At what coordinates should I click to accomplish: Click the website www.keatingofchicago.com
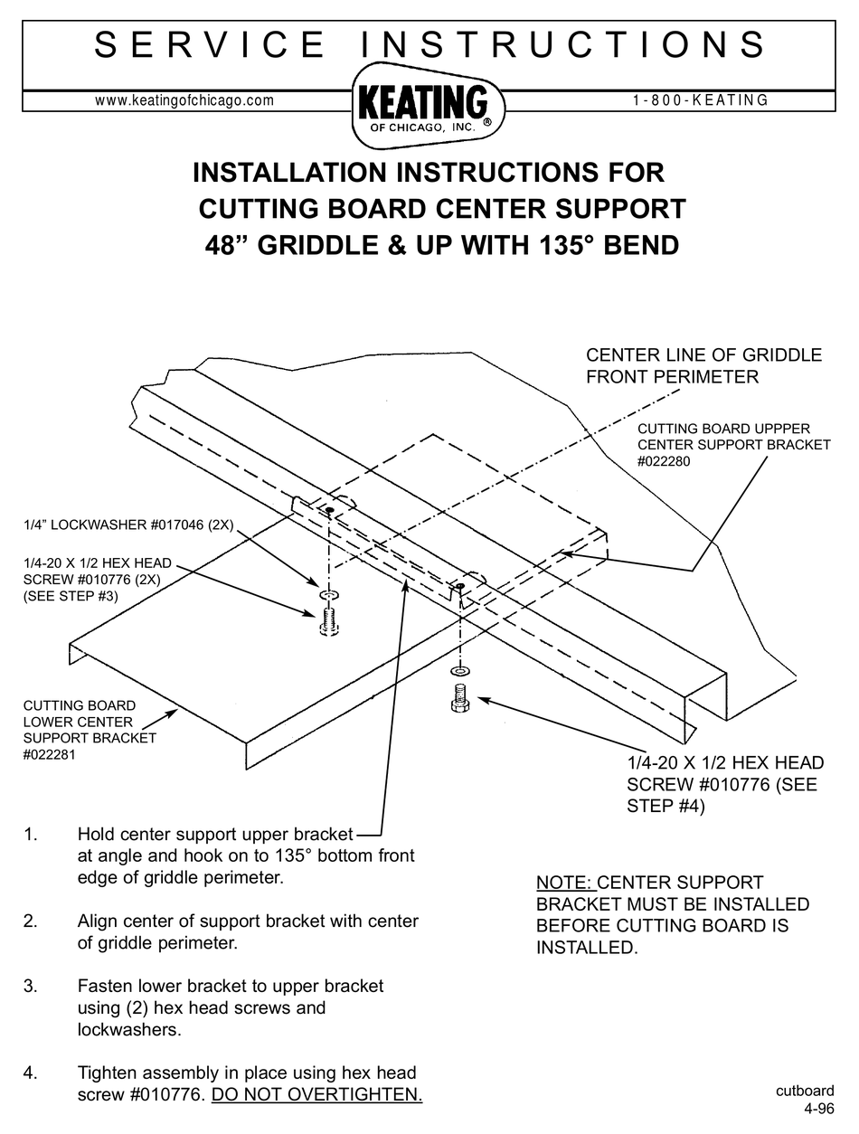click(184, 100)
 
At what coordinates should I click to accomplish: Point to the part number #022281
click(49, 754)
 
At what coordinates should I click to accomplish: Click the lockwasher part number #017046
click(159, 524)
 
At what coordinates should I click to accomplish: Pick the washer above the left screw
click(329, 595)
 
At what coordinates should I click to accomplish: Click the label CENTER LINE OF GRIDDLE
click(703, 355)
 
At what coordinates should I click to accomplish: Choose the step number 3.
click(31, 986)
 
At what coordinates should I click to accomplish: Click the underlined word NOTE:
click(565, 883)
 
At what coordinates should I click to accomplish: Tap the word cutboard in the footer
click(804, 1091)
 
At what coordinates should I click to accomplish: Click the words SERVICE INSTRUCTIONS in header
click(429, 45)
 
